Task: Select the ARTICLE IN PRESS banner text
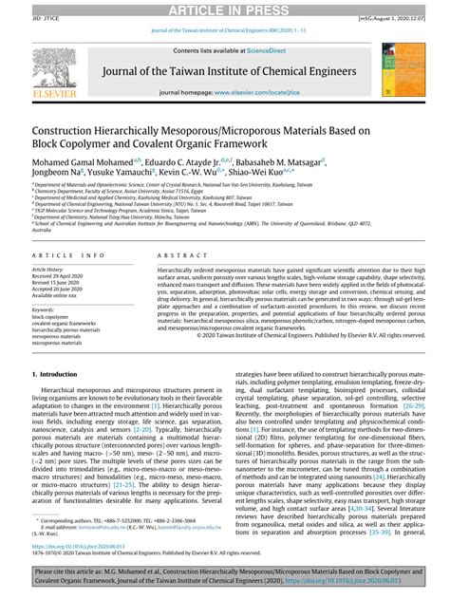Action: tap(225, 9)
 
